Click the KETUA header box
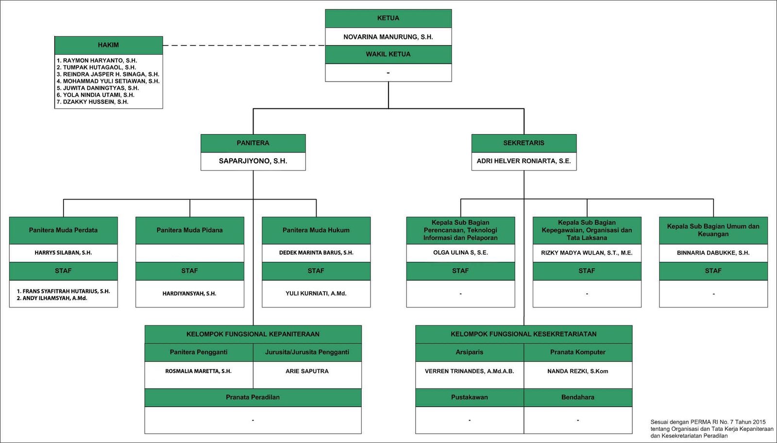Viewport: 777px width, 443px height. (x=388, y=18)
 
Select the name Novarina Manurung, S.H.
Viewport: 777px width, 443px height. (x=388, y=37)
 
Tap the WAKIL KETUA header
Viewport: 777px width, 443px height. (x=388, y=54)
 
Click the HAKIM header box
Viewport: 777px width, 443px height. (x=109, y=45)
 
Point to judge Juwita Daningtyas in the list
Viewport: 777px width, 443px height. (x=98, y=88)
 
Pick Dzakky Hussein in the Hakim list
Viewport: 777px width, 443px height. (x=93, y=102)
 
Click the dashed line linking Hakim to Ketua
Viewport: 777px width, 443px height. (x=244, y=46)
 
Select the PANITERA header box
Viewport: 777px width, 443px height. (x=253, y=143)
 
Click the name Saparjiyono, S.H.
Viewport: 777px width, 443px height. (x=253, y=161)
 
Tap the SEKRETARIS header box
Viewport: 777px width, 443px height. (x=524, y=143)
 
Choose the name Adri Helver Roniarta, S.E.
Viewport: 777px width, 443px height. (x=524, y=161)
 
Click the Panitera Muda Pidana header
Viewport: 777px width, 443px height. (x=190, y=230)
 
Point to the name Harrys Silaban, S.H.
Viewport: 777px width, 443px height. (x=63, y=253)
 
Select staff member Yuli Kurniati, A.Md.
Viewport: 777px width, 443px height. (x=316, y=293)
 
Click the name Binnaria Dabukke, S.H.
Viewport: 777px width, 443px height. (x=713, y=253)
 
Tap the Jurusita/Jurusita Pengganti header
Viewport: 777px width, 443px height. (x=307, y=353)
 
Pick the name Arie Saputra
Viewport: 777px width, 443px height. (x=307, y=371)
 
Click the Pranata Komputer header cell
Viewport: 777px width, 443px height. (x=578, y=353)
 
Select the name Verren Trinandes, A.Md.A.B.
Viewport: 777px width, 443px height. (x=469, y=371)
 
